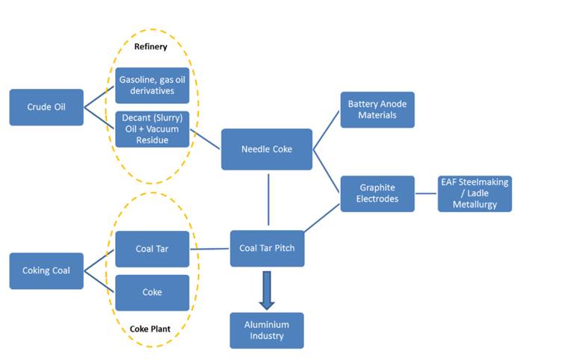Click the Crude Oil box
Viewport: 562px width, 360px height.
tap(46, 107)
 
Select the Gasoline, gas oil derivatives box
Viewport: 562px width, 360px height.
tap(152, 85)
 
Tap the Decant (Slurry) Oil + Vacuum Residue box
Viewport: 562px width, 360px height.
tap(152, 129)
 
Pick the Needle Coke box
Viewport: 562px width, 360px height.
tap(266, 149)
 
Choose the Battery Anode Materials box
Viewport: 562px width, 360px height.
tap(377, 110)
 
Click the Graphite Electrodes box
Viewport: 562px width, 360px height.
tap(377, 193)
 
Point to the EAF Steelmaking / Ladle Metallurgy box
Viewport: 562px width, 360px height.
tap(475, 193)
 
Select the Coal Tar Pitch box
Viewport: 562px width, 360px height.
tap(267, 249)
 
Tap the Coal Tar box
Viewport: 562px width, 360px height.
tap(152, 249)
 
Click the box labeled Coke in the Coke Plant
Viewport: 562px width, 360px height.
tap(152, 293)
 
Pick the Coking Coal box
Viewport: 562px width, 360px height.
tap(46, 270)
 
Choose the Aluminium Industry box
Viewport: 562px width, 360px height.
tap(267, 330)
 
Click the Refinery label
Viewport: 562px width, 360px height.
tap(152, 46)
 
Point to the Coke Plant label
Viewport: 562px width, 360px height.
tap(152, 327)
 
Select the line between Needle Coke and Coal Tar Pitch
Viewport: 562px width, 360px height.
tap(267, 200)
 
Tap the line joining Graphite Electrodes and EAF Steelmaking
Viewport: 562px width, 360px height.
tap(426, 193)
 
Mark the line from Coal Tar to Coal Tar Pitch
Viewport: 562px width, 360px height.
tap(210, 249)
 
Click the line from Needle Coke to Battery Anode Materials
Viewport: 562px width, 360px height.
tap(327, 129)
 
